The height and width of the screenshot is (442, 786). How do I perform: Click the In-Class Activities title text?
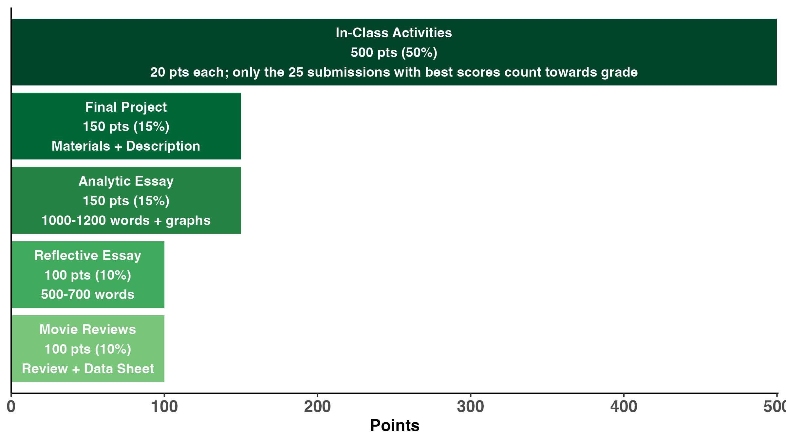click(394, 33)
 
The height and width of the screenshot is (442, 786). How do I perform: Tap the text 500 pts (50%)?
click(394, 52)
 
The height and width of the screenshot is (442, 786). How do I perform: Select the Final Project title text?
click(126, 107)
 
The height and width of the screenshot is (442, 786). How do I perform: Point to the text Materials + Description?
click(126, 146)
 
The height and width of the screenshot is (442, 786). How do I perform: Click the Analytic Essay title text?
click(126, 181)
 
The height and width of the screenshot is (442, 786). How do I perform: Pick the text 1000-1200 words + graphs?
click(126, 220)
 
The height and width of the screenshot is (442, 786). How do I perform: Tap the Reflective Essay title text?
click(88, 255)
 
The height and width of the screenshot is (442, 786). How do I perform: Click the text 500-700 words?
click(88, 294)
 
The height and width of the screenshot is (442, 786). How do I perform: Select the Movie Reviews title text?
click(88, 329)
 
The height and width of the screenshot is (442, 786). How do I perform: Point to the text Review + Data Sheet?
click(88, 369)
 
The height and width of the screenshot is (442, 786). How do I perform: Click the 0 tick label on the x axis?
click(11, 407)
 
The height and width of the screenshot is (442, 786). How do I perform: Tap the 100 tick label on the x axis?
click(164, 407)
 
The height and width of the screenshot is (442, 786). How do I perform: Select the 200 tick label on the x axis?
click(317, 407)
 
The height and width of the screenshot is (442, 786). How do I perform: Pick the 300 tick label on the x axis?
click(470, 407)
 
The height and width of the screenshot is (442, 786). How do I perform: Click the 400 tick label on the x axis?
click(624, 407)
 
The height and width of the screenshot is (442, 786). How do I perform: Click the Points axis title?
click(395, 426)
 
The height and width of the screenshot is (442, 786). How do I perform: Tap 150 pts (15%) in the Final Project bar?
click(126, 126)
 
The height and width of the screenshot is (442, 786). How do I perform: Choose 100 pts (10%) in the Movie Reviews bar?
click(88, 349)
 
